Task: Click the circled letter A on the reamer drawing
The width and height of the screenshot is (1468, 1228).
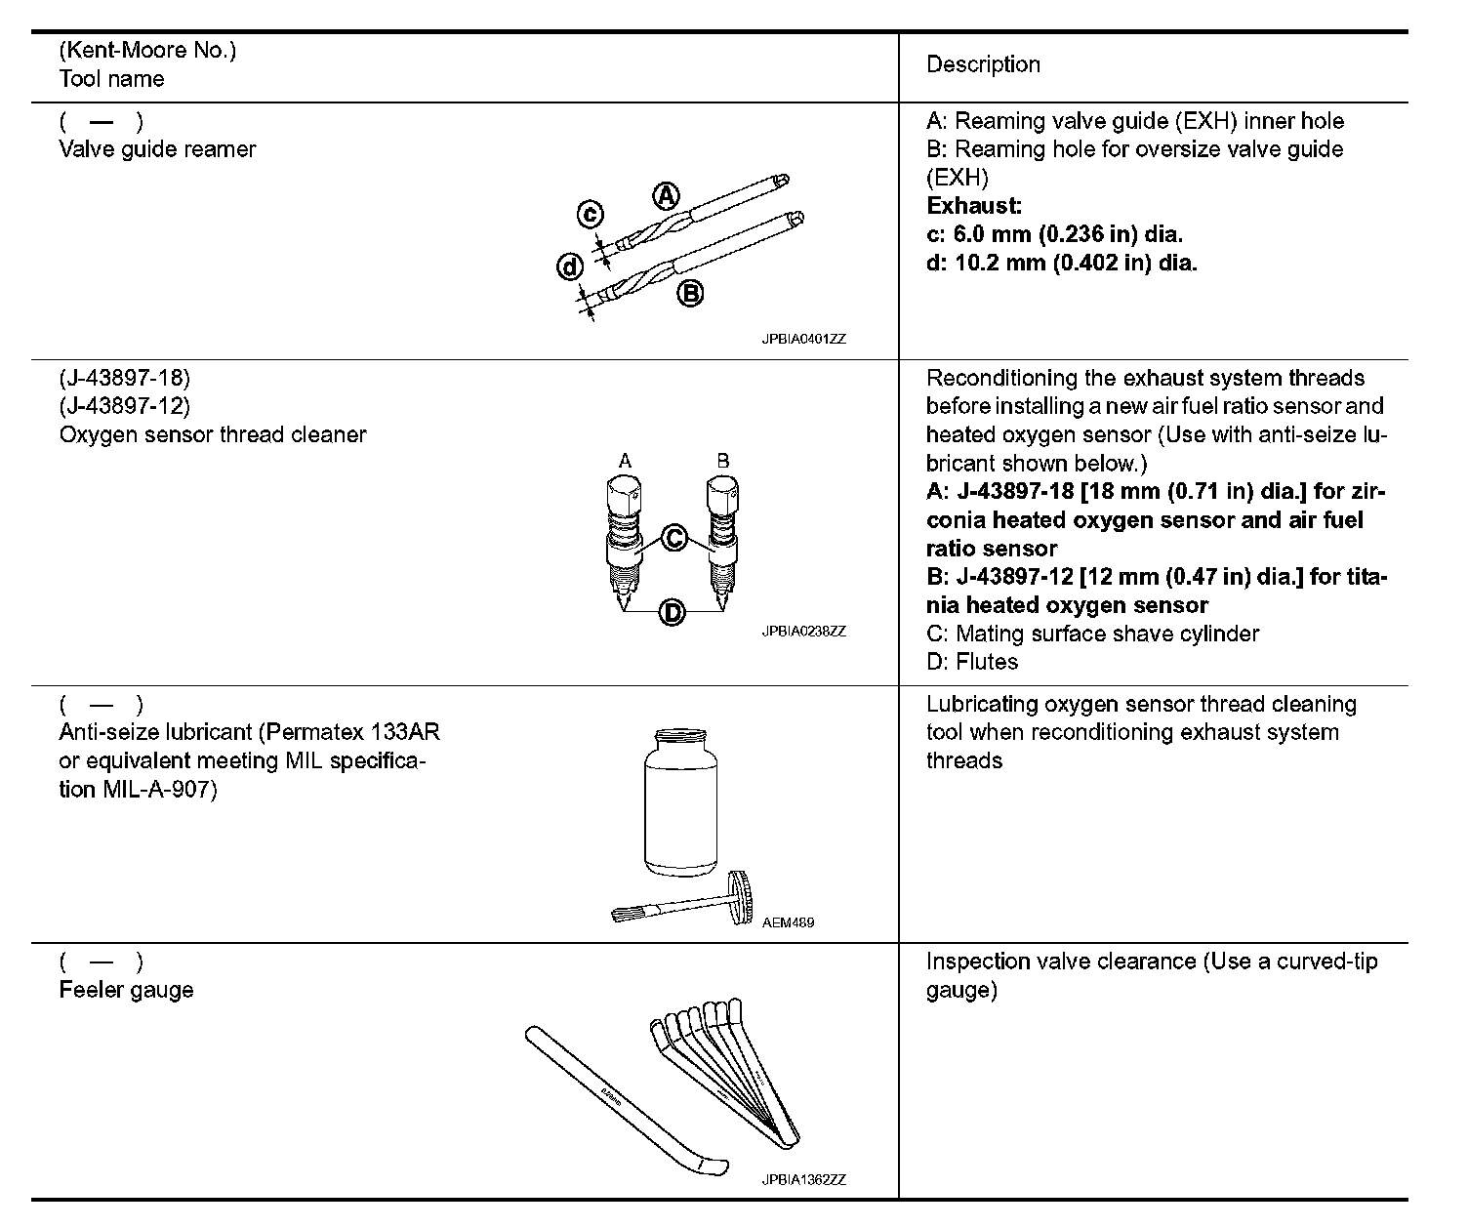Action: point(665,196)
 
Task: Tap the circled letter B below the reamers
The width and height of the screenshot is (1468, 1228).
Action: point(690,293)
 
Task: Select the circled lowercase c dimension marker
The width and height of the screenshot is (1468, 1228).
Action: point(590,215)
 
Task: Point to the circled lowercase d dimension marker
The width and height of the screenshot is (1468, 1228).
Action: point(570,266)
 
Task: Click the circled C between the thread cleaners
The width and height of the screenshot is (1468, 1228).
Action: point(674,537)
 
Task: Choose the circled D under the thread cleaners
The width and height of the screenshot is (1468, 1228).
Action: point(673,612)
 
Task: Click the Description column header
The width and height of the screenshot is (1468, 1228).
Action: point(983,64)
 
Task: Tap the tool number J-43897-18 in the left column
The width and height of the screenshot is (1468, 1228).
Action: point(125,378)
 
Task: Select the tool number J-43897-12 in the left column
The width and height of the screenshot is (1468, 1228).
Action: point(125,406)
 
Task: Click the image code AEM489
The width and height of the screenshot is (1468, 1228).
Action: point(788,922)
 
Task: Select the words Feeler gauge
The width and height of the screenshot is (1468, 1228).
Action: point(126,990)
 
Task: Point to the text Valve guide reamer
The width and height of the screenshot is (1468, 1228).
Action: point(157,149)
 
